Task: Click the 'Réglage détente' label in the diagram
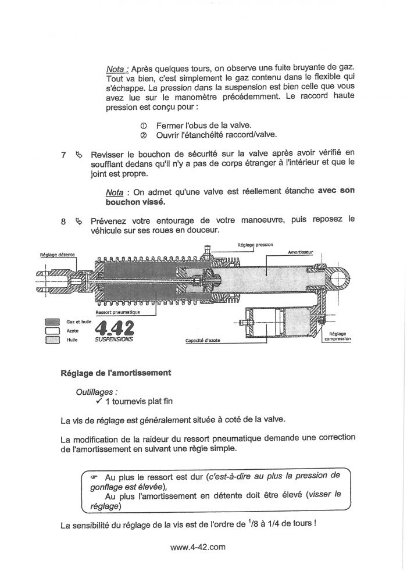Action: click(x=56, y=255)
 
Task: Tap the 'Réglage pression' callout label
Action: click(x=255, y=245)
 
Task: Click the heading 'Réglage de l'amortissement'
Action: click(x=116, y=373)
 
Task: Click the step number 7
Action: click(x=63, y=155)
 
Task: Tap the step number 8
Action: click(x=63, y=221)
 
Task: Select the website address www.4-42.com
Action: click(x=198, y=547)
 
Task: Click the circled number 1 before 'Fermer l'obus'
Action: click(x=143, y=125)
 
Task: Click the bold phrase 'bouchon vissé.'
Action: click(x=135, y=202)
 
